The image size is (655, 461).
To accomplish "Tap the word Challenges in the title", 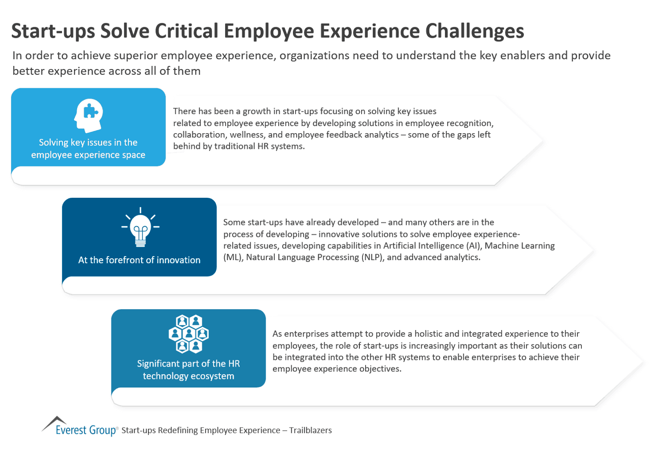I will pyautogui.click(x=474, y=31).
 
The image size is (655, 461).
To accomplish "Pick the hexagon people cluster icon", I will pyautogui.click(x=189, y=334).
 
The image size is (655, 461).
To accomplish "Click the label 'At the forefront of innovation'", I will pyautogui.click(x=139, y=260).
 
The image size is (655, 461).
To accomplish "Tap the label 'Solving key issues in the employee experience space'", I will pyautogui.click(x=88, y=149).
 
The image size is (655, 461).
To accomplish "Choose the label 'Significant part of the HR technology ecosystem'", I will pyautogui.click(x=188, y=370).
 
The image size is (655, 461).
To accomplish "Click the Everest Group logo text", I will pyautogui.click(x=86, y=430).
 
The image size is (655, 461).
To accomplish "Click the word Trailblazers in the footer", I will pyautogui.click(x=310, y=430).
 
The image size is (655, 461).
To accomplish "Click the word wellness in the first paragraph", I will pyautogui.click(x=247, y=135).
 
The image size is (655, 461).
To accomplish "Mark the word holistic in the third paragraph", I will pyautogui.click(x=428, y=334).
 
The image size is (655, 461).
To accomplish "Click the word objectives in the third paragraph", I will pyautogui.click(x=380, y=369).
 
